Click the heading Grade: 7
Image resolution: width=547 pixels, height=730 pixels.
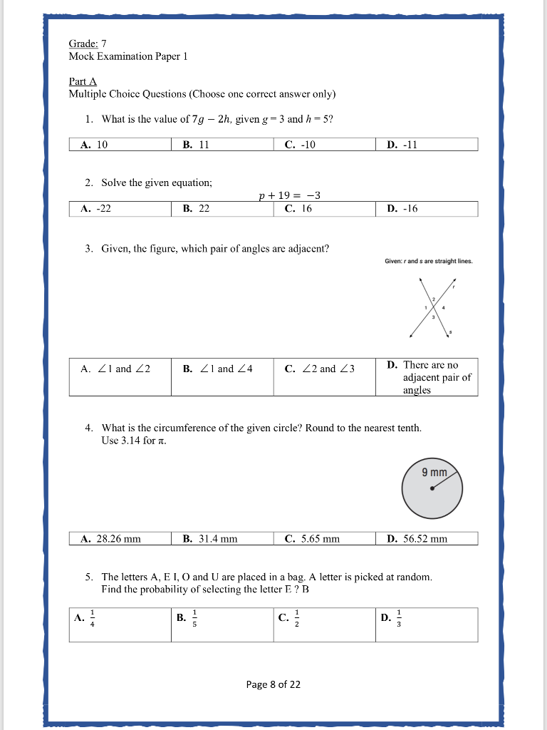click(87, 43)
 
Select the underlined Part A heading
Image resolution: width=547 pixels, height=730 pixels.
click(83, 82)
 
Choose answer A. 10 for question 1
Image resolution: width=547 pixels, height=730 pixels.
click(95, 145)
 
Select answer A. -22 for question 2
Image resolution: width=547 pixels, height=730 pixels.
click(96, 209)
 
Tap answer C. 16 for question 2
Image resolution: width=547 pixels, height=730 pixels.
click(298, 209)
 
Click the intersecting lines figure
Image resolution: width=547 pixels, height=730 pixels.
click(433, 307)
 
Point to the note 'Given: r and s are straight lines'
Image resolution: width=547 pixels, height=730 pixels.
click(428, 261)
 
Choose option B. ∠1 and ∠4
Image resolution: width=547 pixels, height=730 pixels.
click(217, 369)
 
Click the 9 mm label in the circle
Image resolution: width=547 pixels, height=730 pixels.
click(434, 472)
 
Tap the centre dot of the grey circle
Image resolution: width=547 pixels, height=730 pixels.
click(432, 488)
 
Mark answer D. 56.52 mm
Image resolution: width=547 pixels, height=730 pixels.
click(417, 539)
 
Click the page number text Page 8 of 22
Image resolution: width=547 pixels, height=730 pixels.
click(273, 684)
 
